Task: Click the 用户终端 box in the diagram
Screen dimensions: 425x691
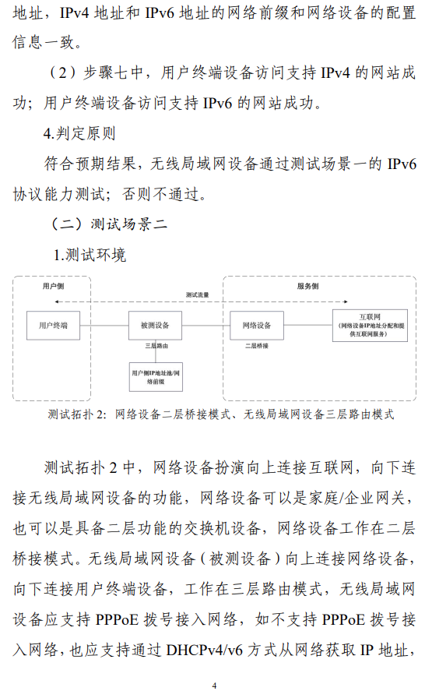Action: click(53, 326)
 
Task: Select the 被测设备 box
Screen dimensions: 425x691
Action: click(155, 326)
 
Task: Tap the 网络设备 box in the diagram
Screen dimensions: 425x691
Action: click(257, 326)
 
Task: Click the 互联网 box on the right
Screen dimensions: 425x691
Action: click(370, 326)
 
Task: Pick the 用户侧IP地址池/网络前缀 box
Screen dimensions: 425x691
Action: click(156, 377)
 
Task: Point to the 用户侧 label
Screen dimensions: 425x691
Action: click(53, 286)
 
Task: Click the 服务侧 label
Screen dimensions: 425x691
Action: click(307, 286)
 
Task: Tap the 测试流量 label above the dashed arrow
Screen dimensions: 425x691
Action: click(197, 294)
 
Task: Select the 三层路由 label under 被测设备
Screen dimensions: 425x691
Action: click(156, 346)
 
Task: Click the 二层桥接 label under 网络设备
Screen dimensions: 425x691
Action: click(257, 346)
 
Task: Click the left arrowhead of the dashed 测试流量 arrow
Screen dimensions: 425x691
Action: click(56, 301)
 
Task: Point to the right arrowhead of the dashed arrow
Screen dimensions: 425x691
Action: click(346, 301)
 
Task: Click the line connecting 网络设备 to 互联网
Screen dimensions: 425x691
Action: click(307, 326)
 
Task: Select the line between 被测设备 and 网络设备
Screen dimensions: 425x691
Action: click(206, 326)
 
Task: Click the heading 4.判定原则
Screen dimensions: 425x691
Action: click(79, 133)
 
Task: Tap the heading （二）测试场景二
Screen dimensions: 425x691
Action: click(108, 224)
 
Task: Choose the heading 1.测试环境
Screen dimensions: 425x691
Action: click(90, 255)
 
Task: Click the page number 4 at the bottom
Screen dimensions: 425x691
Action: click(215, 686)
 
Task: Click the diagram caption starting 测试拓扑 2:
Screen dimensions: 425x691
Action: click(221, 414)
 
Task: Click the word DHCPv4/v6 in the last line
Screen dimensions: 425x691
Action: click(205, 650)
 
